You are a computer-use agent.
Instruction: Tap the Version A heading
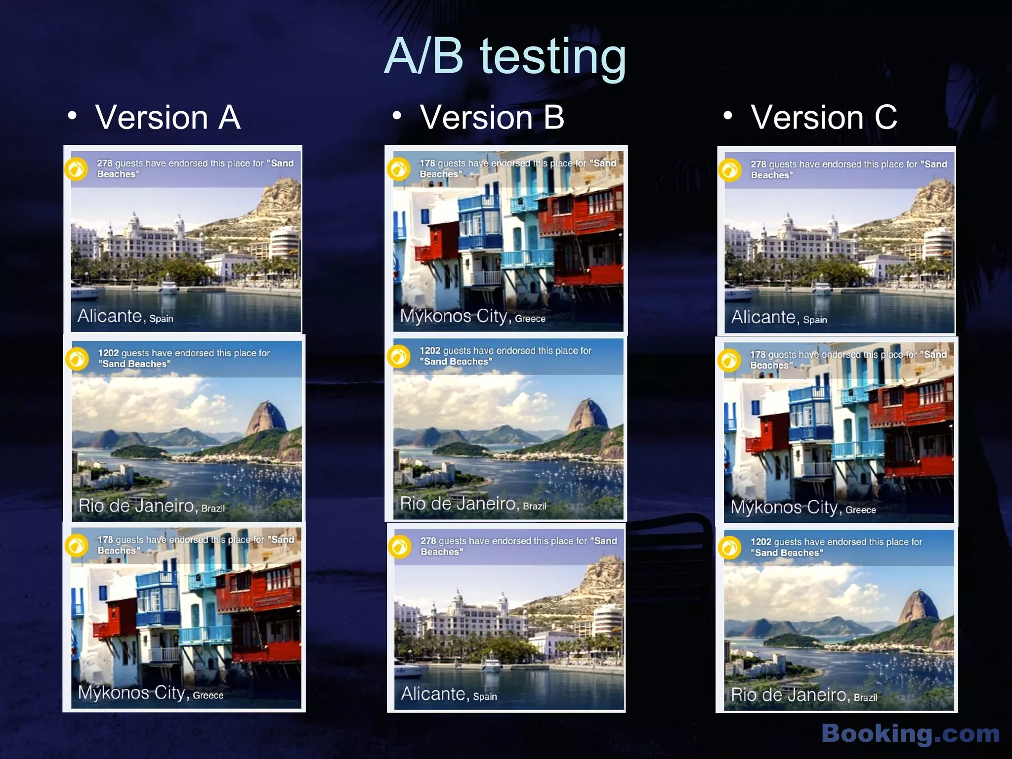click(x=168, y=118)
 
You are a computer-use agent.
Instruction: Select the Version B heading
click(x=492, y=118)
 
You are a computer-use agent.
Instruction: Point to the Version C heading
click(x=824, y=118)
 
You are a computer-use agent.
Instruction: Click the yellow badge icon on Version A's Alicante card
click(x=77, y=169)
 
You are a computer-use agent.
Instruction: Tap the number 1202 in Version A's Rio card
click(x=108, y=353)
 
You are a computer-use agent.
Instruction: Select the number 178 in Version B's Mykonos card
click(x=427, y=163)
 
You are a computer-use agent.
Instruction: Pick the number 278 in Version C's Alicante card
click(x=759, y=164)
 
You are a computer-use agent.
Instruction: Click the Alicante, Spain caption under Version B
click(x=448, y=694)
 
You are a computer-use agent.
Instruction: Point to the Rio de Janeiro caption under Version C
click(x=803, y=695)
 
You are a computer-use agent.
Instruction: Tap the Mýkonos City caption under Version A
click(x=150, y=693)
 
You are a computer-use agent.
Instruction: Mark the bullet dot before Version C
click(x=727, y=116)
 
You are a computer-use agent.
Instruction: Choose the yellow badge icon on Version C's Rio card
click(x=730, y=548)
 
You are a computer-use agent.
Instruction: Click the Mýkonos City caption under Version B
click(x=472, y=316)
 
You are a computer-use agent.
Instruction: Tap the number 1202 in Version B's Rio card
click(x=430, y=351)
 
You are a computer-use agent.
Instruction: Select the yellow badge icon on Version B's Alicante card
click(x=400, y=547)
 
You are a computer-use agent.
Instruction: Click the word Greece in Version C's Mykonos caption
click(x=860, y=510)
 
